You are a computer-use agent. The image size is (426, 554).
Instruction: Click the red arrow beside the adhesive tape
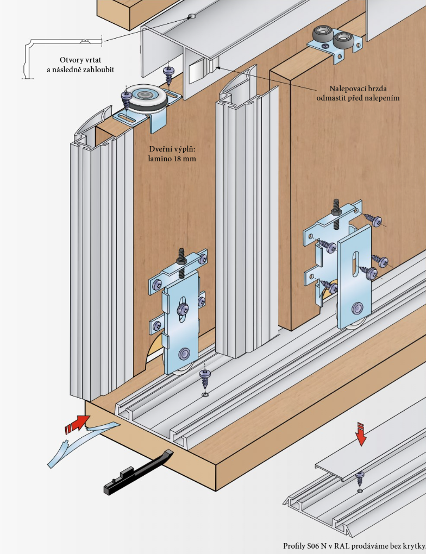pyautogui.click(x=77, y=423)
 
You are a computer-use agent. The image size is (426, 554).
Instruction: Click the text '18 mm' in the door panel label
pyautogui.click(x=184, y=160)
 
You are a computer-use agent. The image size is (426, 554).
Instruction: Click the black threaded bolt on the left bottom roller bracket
pyautogui.click(x=181, y=258)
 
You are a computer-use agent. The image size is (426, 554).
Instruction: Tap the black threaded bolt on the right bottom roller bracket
pyautogui.click(x=335, y=209)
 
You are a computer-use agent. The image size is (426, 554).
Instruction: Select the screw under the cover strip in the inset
pyautogui.click(x=359, y=479)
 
